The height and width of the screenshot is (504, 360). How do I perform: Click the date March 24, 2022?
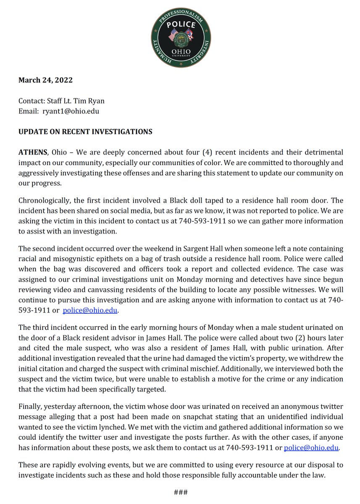45,80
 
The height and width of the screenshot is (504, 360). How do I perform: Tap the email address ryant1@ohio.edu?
71,111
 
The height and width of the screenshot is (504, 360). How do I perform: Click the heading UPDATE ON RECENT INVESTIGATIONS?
85,132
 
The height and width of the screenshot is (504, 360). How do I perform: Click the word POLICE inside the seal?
181,24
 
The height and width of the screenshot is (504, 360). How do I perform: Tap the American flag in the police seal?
173,36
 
